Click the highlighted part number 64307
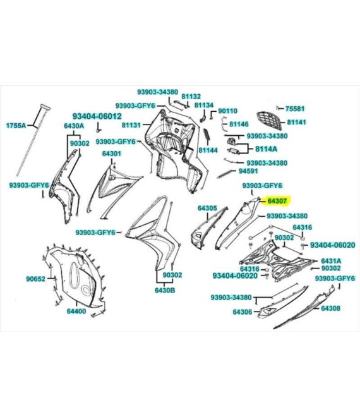click(277, 201)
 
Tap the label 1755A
click(16, 125)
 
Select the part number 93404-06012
click(97, 116)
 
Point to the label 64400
click(76, 311)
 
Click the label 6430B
click(165, 290)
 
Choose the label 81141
click(297, 122)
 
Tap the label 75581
click(295, 109)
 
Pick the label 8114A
click(266, 149)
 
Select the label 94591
click(248, 171)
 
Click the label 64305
click(207, 208)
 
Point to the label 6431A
click(332, 261)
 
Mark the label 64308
click(331, 308)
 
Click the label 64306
click(243, 311)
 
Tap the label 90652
click(35, 279)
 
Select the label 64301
click(112, 154)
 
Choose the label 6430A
click(74, 126)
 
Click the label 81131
click(131, 124)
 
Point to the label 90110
click(228, 111)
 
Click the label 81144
click(208, 150)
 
